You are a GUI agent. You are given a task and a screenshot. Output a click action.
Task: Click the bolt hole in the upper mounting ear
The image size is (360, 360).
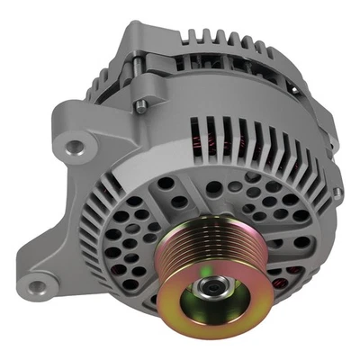pos(75,145)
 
